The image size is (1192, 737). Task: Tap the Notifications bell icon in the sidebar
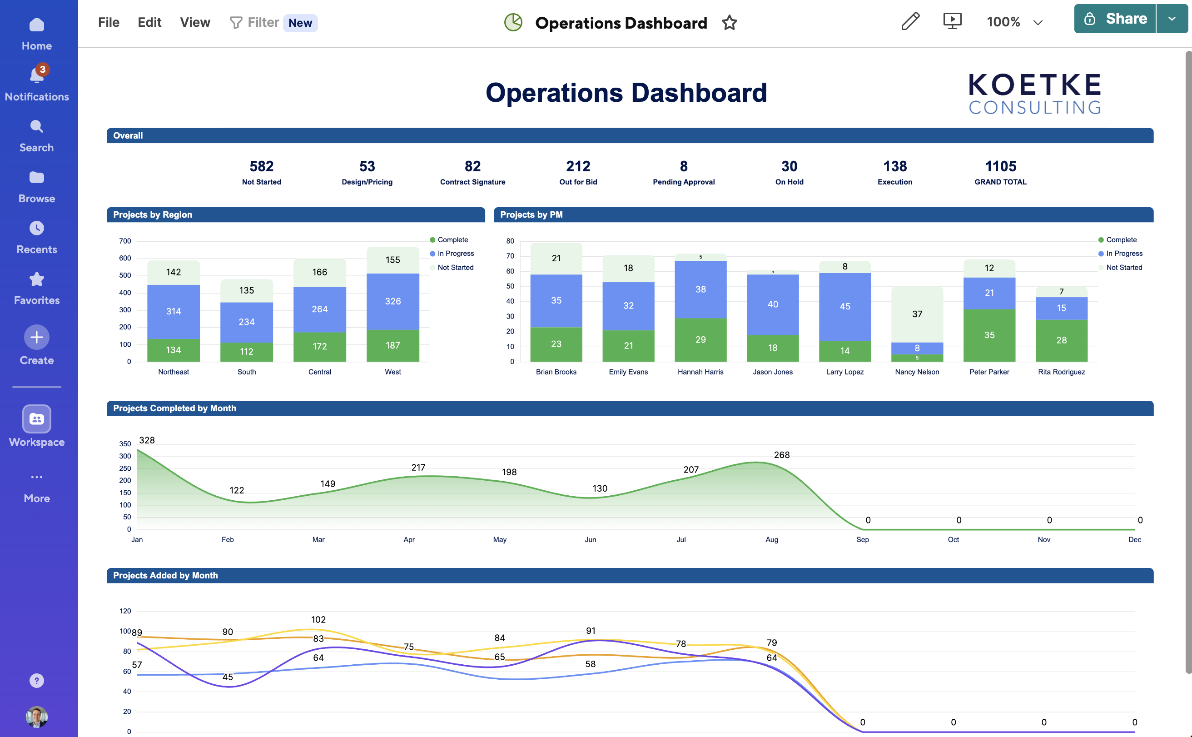[36, 75]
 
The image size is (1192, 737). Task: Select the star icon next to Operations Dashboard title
[729, 23]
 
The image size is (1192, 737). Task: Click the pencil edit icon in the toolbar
[910, 21]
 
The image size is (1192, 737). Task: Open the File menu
[108, 22]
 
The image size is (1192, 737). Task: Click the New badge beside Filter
[300, 23]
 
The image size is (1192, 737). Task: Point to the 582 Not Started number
[261, 166]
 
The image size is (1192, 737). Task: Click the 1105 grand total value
[1000, 166]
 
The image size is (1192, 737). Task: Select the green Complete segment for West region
[392, 346]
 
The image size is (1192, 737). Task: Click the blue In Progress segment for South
[246, 322]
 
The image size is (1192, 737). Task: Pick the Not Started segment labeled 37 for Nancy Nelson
[917, 314]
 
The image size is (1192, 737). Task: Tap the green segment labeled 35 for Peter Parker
[989, 335]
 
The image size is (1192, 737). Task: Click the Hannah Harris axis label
[700, 372]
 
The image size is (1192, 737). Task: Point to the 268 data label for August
[781, 455]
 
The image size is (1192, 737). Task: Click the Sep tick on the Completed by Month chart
[862, 540]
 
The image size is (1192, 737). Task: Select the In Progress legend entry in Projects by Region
[455, 254]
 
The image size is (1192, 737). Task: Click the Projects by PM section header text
[531, 215]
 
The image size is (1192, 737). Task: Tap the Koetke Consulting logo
[1034, 94]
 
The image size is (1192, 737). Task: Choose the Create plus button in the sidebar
[36, 337]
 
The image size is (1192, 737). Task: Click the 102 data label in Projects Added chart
[318, 619]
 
